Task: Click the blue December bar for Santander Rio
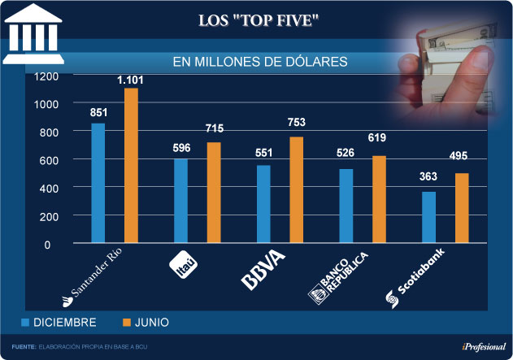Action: click(98, 183)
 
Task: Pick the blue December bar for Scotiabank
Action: click(428, 217)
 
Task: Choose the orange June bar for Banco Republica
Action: click(379, 199)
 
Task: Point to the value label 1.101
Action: click(130, 80)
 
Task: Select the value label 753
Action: click(296, 122)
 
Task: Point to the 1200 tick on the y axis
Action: click(48, 76)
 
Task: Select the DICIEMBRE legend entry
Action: click(59, 323)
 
